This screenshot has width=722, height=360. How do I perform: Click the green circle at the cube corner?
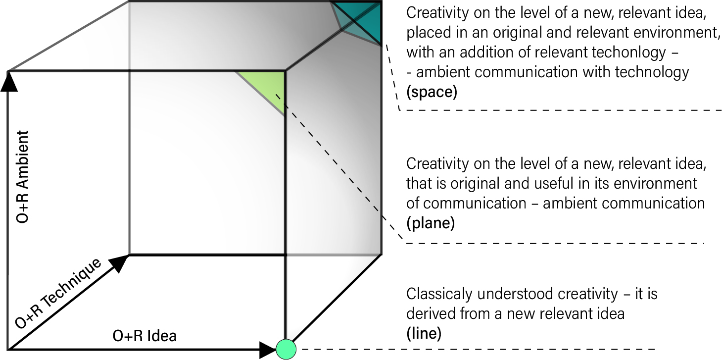286,349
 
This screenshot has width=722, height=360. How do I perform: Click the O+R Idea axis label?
144,336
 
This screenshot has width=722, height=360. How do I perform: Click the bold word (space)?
432,92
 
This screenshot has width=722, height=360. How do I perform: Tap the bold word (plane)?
431,223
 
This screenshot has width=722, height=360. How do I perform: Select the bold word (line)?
424,333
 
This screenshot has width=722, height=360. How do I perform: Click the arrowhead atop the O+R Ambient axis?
9,81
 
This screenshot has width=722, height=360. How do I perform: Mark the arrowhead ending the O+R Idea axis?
268,350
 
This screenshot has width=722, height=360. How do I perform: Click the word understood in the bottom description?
515,294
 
